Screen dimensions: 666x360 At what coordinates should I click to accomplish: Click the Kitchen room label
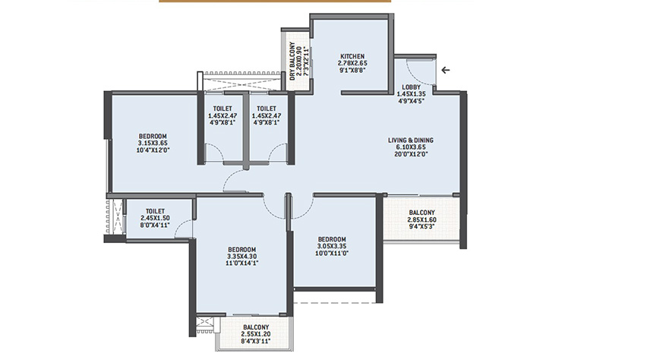(352, 56)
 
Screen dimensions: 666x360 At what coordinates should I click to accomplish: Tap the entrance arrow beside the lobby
(445, 70)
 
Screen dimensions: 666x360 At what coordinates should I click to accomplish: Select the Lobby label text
(411, 87)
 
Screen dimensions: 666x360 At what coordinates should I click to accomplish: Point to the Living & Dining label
(411, 140)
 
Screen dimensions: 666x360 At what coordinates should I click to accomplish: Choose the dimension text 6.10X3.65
(411, 147)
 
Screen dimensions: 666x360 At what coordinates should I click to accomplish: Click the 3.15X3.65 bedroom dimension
(153, 144)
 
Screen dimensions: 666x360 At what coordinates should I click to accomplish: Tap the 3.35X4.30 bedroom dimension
(241, 256)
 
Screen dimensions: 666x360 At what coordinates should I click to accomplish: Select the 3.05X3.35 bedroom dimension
(332, 246)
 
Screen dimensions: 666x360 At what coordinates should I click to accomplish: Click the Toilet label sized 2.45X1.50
(155, 211)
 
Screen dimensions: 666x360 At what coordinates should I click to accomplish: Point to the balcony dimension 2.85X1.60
(421, 219)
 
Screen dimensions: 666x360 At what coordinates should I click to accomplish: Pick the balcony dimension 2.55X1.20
(256, 334)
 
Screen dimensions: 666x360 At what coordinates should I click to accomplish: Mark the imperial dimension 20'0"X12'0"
(411, 154)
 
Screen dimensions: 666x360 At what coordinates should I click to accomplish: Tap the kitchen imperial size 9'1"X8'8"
(352, 70)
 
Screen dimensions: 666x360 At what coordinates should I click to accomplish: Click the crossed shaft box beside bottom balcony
(204, 322)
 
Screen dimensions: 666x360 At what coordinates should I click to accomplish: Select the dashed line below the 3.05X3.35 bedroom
(335, 303)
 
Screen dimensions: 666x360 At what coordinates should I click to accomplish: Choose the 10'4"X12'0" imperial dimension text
(153, 150)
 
